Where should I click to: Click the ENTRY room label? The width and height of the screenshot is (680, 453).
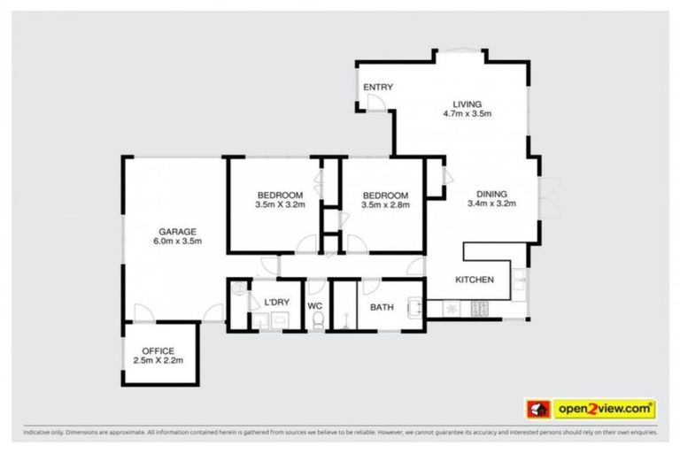coord(378,87)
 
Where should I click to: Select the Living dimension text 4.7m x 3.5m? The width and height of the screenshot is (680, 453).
coord(467,113)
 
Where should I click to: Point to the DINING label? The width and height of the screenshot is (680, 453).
coord(491,194)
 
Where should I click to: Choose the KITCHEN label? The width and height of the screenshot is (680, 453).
coord(474,280)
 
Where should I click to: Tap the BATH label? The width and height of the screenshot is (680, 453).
coord(382,307)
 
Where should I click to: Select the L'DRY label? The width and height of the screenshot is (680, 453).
coord(277,303)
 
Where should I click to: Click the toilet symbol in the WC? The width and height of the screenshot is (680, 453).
coord(317,323)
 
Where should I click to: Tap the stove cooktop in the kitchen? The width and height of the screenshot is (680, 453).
coord(482,309)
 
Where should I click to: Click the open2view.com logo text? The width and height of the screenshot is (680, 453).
coord(605,409)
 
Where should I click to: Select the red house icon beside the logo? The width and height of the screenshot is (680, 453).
coord(538,409)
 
